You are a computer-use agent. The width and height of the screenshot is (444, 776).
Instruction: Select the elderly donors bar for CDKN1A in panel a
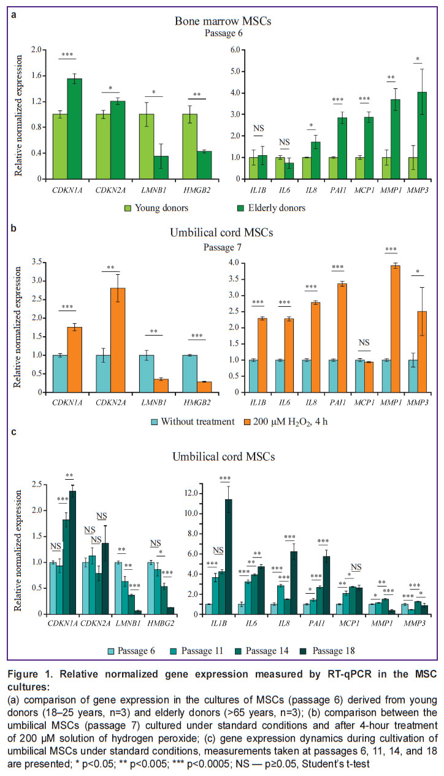(74, 128)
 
